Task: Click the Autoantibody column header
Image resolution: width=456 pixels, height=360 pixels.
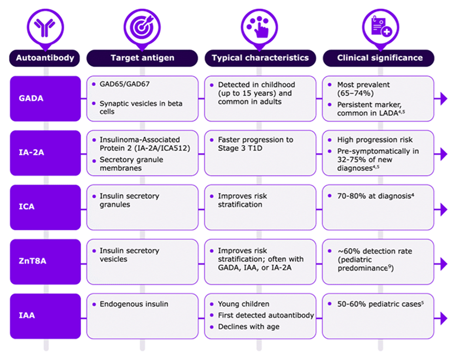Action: (x=45, y=58)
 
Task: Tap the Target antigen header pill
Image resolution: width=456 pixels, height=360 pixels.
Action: (x=142, y=58)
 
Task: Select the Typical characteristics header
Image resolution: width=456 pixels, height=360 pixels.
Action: (x=260, y=58)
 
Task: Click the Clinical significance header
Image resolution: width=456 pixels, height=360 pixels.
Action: (x=378, y=58)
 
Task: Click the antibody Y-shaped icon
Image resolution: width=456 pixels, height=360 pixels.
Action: (x=45, y=28)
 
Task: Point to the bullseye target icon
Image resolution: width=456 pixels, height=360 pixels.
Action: (x=142, y=27)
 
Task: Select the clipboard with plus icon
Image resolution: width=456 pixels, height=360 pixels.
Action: (x=381, y=27)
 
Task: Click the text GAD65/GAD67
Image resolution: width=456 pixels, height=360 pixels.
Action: (x=124, y=84)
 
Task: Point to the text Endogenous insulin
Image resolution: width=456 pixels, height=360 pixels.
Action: (x=134, y=304)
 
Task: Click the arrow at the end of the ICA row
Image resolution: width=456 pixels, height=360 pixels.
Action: (x=444, y=210)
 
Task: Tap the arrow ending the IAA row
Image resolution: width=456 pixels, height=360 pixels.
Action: (x=444, y=319)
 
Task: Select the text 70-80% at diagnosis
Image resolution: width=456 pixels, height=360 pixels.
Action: (x=374, y=196)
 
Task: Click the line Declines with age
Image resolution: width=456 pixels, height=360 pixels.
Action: (x=249, y=327)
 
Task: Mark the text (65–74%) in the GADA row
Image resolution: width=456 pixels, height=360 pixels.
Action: (x=355, y=93)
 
